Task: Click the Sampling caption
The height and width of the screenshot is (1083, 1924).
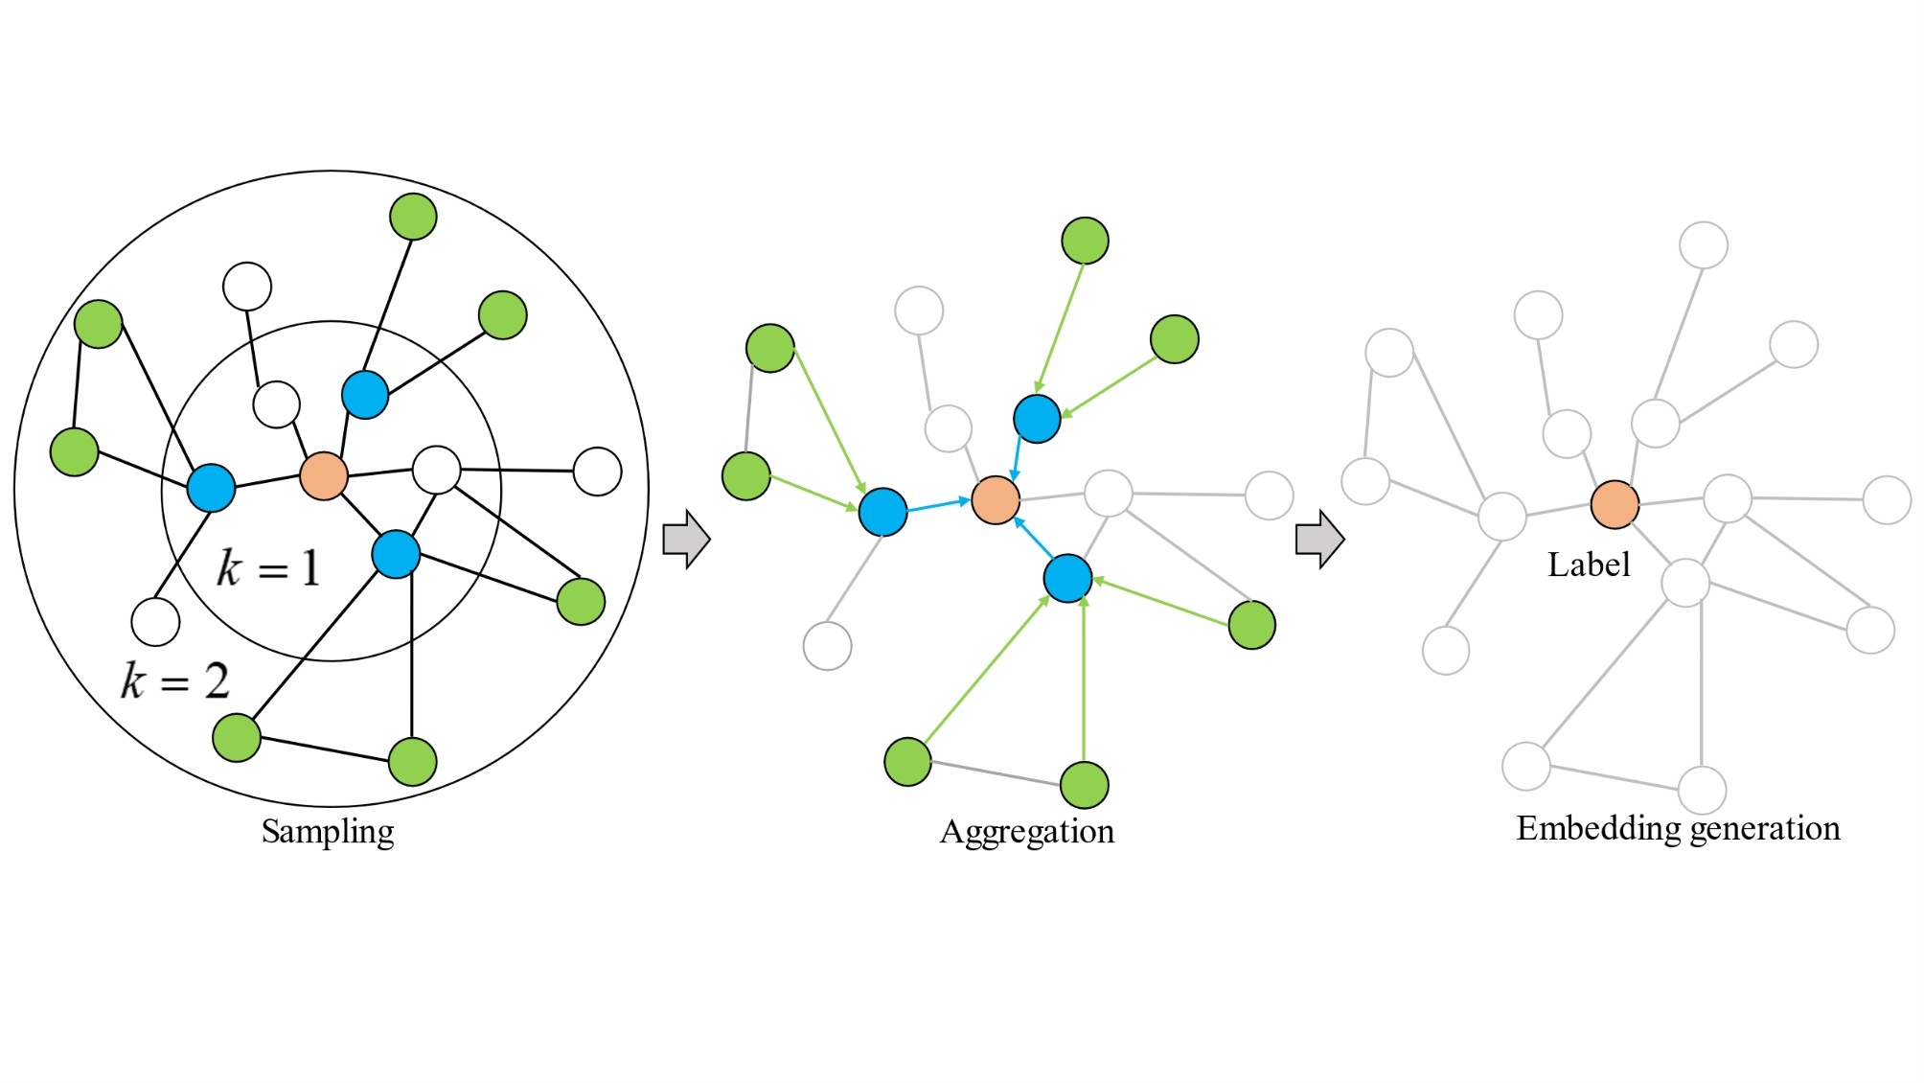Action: point(328,831)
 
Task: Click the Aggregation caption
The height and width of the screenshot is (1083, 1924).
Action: point(1027,831)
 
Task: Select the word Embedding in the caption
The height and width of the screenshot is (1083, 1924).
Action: point(1592,828)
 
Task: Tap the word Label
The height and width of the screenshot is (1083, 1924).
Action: point(1589,565)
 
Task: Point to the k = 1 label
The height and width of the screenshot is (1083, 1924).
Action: point(267,567)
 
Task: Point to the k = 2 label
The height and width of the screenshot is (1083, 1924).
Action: point(174,681)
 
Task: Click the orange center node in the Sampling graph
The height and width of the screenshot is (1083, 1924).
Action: point(324,476)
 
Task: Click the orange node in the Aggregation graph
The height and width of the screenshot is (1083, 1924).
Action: point(996,500)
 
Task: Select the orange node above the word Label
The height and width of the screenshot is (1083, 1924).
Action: point(1615,505)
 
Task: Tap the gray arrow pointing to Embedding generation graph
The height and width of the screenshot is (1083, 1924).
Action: point(1319,540)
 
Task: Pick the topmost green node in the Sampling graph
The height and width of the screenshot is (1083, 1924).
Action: point(413,217)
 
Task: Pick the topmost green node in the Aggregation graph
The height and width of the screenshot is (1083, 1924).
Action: point(1085,241)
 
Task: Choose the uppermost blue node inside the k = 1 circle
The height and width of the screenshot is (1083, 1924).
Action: point(365,395)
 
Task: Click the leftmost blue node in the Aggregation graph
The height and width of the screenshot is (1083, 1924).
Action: point(882,512)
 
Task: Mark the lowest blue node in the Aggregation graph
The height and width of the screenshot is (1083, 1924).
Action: point(1067,578)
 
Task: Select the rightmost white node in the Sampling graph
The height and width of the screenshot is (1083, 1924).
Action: point(597,472)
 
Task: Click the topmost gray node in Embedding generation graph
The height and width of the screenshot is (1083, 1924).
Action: point(1704,245)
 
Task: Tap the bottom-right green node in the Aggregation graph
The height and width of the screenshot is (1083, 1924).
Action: point(1251,625)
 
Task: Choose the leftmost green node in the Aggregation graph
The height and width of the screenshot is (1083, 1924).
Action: point(745,476)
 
